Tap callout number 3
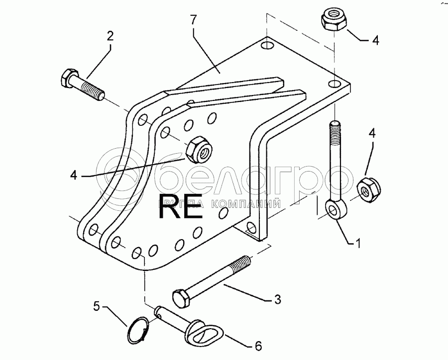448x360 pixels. pos(277,300)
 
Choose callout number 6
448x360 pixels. pos(258,345)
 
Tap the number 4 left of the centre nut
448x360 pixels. pos(74,175)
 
